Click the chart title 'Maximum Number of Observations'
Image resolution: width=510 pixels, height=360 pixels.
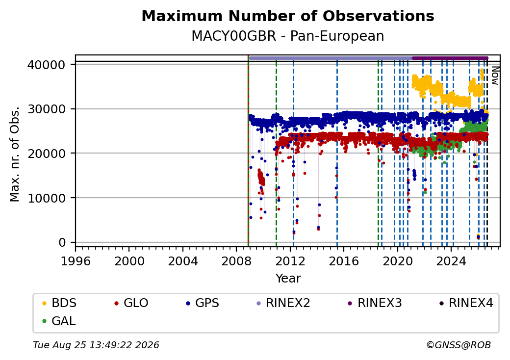point(288,16)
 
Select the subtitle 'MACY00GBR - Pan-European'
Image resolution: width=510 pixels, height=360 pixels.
point(288,36)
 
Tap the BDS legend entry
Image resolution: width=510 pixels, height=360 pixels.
point(59,303)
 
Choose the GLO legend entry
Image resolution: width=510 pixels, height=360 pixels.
point(131,303)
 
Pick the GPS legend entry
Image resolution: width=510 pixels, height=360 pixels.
point(203,303)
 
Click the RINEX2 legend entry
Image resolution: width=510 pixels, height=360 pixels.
point(283,303)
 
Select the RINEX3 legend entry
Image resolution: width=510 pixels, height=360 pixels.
point(375,303)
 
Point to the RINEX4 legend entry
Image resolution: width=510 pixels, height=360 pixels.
point(466,303)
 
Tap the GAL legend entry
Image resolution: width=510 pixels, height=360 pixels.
point(59,321)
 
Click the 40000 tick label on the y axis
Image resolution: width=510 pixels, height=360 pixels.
point(46,65)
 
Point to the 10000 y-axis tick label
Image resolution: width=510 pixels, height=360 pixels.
point(46,198)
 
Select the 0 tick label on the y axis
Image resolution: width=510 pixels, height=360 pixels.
point(62,243)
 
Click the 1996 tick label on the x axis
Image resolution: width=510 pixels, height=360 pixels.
point(76,261)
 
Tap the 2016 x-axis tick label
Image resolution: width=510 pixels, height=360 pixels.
point(343,261)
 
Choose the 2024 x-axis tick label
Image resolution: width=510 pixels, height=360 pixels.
point(451,261)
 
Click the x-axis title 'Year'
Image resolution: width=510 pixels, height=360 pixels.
point(288,279)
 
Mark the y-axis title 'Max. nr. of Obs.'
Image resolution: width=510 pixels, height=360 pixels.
point(15,154)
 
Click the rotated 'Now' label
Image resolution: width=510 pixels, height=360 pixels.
point(495,76)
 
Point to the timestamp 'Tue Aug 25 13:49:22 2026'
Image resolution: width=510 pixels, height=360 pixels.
point(96,345)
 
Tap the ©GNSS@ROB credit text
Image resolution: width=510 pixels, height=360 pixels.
point(459,345)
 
